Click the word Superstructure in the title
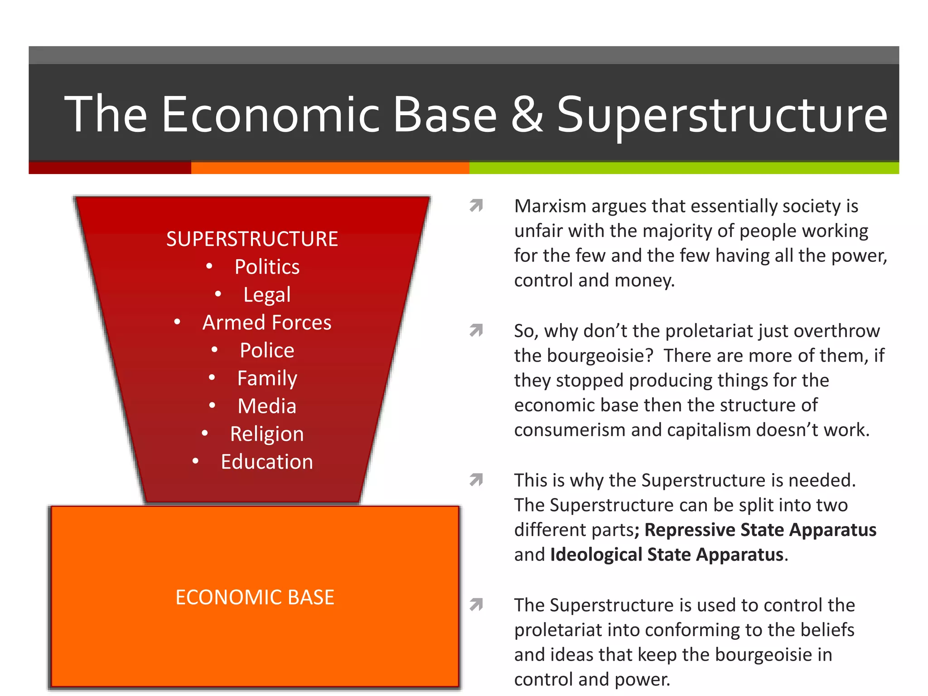721,116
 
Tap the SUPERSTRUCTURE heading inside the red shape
252,239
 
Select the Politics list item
267,267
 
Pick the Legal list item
267,295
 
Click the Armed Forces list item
267,323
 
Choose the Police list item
267,350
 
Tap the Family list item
267,378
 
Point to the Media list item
267,406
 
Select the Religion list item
267,434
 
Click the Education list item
267,462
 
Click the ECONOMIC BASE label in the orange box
255,597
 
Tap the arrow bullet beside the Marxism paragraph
476,206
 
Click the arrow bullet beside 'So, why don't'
476,331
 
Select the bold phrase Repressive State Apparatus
760,530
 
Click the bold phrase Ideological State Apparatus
667,555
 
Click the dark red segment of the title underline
110,168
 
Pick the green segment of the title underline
684,168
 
